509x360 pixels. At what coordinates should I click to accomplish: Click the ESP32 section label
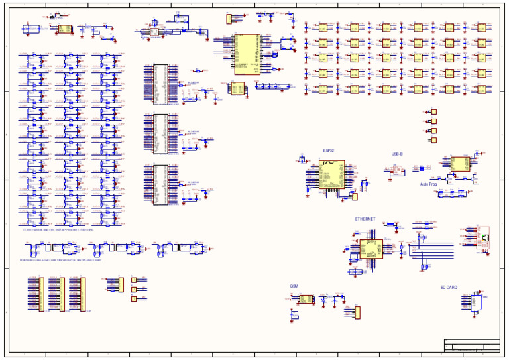click(329, 150)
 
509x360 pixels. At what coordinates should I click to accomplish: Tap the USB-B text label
click(397, 154)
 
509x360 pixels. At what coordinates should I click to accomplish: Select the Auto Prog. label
click(428, 184)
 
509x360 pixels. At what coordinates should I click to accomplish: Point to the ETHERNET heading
click(365, 219)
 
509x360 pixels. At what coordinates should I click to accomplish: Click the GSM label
click(294, 286)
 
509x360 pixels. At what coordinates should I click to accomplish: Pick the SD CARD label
click(449, 288)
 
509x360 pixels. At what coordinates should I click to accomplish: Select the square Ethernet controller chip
click(370, 249)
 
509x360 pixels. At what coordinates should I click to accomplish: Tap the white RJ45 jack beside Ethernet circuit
click(486, 237)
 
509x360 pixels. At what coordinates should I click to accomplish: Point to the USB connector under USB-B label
click(396, 170)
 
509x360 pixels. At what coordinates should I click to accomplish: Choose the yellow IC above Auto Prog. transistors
click(459, 163)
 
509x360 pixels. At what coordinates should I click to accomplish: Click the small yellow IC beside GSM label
click(306, 299)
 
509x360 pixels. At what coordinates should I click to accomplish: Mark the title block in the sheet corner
click(471, 345)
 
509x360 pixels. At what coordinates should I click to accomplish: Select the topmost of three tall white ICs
click(160, 84)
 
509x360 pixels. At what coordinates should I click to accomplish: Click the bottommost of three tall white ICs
click(160, 184)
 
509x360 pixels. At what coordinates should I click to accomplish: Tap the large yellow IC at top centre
click(247, 53)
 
